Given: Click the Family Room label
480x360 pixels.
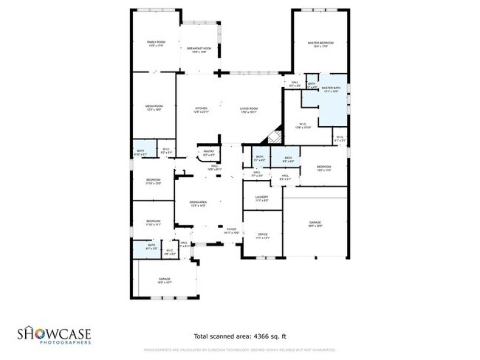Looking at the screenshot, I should (x=155, y=44).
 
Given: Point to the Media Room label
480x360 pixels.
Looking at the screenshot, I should (x=154, y=108).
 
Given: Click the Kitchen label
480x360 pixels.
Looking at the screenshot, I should (x=201, y=110).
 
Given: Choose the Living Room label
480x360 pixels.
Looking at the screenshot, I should (x=249, y=110).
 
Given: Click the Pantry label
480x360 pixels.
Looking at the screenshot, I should (x=209, y=153).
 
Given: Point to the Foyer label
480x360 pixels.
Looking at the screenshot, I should (x=231, y=230).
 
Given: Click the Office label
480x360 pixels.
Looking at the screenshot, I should (x=262, y=235).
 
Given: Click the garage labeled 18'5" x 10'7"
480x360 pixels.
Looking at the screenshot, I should (x=164, y=280).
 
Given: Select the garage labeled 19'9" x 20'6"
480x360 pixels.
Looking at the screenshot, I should (x=315, y=223).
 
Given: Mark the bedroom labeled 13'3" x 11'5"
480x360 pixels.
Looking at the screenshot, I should (x=324, y=168).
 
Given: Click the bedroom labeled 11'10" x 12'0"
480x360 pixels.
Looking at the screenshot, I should (x=154, y=181).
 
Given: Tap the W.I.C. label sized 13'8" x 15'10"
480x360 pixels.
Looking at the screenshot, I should (x=303, y=125).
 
